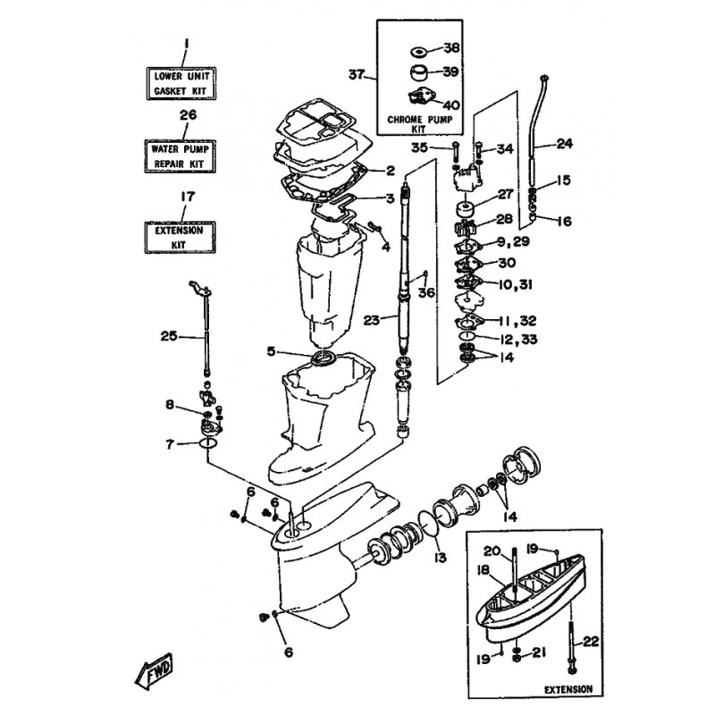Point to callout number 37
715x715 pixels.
(357, 75)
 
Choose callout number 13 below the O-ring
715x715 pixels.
(440, 558)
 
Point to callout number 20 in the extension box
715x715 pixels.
(517, 551)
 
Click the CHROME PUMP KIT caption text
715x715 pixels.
(416, 125)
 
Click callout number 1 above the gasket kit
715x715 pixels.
(186, 43)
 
